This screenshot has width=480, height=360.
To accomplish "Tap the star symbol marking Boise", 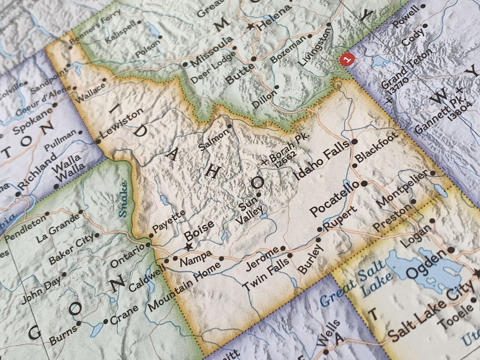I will pyautogui.click(x=188, y=247).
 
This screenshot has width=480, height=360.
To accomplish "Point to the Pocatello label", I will pyautogui.click(x=334, y=198).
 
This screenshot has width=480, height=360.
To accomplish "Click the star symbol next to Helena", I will pyautogui.click(x=250, y=28).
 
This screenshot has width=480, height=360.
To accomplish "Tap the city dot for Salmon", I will pyautogui.click(x=229, y=126).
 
